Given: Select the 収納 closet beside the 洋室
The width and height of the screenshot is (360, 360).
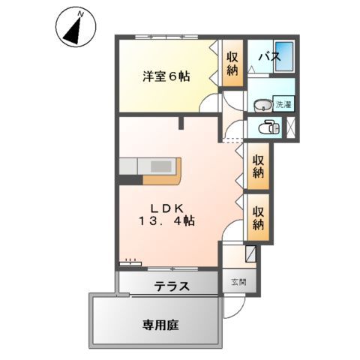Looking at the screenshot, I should tap(233, 64).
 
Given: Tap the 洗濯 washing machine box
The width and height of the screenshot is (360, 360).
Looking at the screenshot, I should tap(283, 104).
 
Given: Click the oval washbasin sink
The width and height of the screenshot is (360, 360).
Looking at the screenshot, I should tap(262, 104).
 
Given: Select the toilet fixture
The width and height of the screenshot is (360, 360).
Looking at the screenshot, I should tap(268, 128).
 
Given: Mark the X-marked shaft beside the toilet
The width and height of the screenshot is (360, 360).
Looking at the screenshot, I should tap(292, 127).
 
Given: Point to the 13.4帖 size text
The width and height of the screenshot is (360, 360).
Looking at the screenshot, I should tap(166, 221).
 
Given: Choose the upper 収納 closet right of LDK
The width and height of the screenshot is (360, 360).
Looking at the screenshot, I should tap(257, 166).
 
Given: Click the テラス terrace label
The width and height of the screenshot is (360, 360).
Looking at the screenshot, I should tap(172, 286).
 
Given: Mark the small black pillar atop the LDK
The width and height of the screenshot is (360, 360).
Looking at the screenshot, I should tap(181, 123).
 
